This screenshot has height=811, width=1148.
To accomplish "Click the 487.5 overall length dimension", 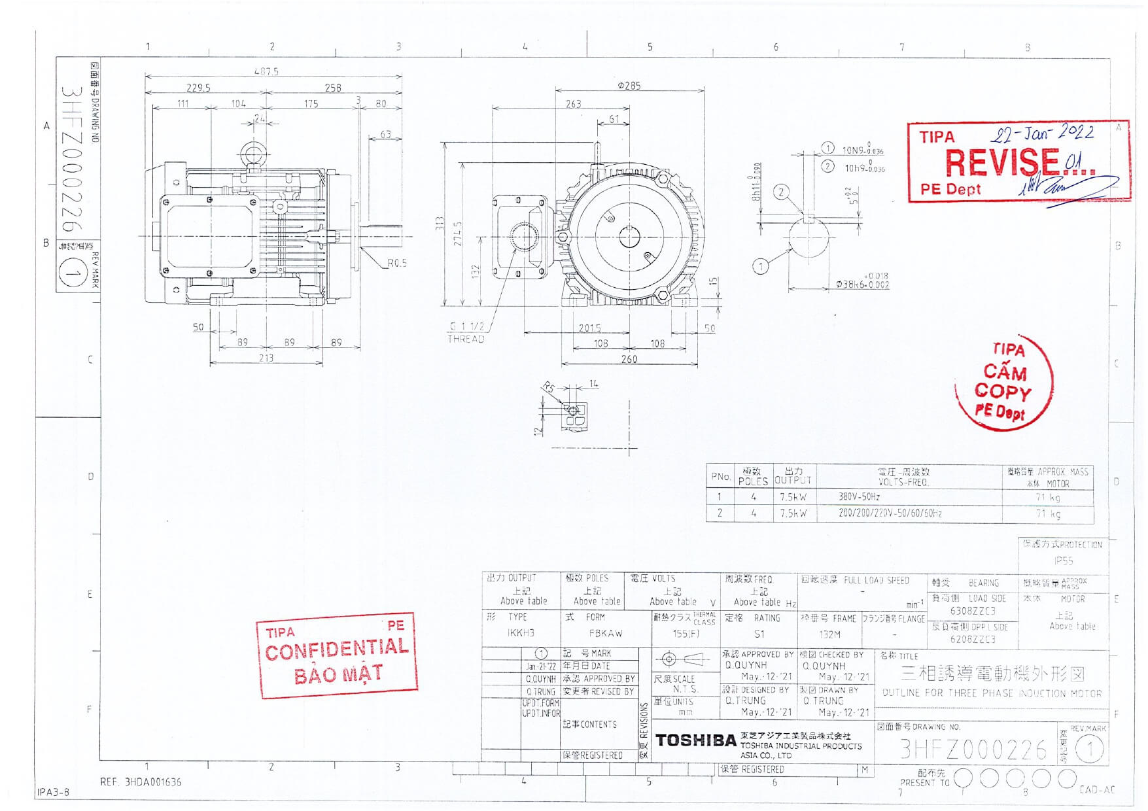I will tap(266, 71).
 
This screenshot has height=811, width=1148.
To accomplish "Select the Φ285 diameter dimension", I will tap(629, 86).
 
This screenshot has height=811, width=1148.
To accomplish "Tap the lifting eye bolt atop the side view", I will tap(252, 154).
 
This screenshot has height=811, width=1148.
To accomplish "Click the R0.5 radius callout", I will tap(396, 263).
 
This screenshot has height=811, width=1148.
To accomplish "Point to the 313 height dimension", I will tap(440, 224).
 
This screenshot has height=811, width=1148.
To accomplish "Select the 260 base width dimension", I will tap(629, 359).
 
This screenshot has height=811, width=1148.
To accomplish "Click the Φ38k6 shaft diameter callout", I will tap(862, 284).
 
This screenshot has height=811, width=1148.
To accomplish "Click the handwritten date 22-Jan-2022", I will tap(1041, 133).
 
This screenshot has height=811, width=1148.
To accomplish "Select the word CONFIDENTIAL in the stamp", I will tap(337, 649).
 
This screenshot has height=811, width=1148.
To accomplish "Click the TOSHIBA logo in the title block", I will tap(695, 740).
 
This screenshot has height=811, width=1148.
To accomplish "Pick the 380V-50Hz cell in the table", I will tap(859, 497).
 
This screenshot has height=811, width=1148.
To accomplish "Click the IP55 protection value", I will tap(1063, 561).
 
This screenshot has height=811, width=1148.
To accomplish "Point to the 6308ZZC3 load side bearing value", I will tap(973, 612).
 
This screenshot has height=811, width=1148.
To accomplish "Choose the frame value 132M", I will tap(829, 634).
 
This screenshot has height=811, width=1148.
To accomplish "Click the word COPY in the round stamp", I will tap(1002, 392).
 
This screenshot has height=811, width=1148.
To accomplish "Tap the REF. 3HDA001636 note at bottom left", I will tap(141, 782).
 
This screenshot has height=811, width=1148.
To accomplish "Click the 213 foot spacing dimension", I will tap(266, 358).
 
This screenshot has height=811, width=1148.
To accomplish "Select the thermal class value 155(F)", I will tap(686, 634).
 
